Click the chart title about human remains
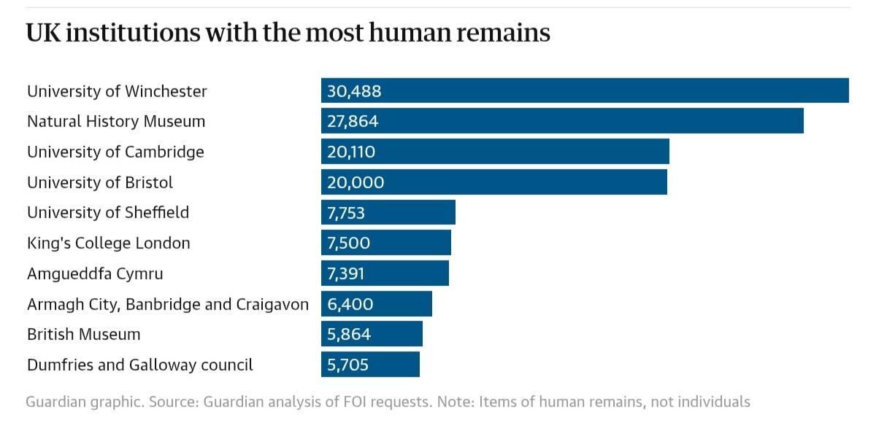[x=288, y=33]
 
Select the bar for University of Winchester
[x=584, y=90]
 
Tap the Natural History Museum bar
[x=562, y=121]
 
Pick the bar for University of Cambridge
[x=495, y=152]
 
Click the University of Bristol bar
[x=493, y=182]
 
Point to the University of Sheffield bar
[x=388, y=212]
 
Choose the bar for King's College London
[x=385, y=243]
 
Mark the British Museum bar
[x=372, y=334]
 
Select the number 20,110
[x=352, y=152]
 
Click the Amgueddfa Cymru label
[x=95, y=274]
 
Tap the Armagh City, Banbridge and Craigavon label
[x=168, y=304]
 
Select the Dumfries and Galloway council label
[x=140, y=365]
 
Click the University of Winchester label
[x=117, y=91]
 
